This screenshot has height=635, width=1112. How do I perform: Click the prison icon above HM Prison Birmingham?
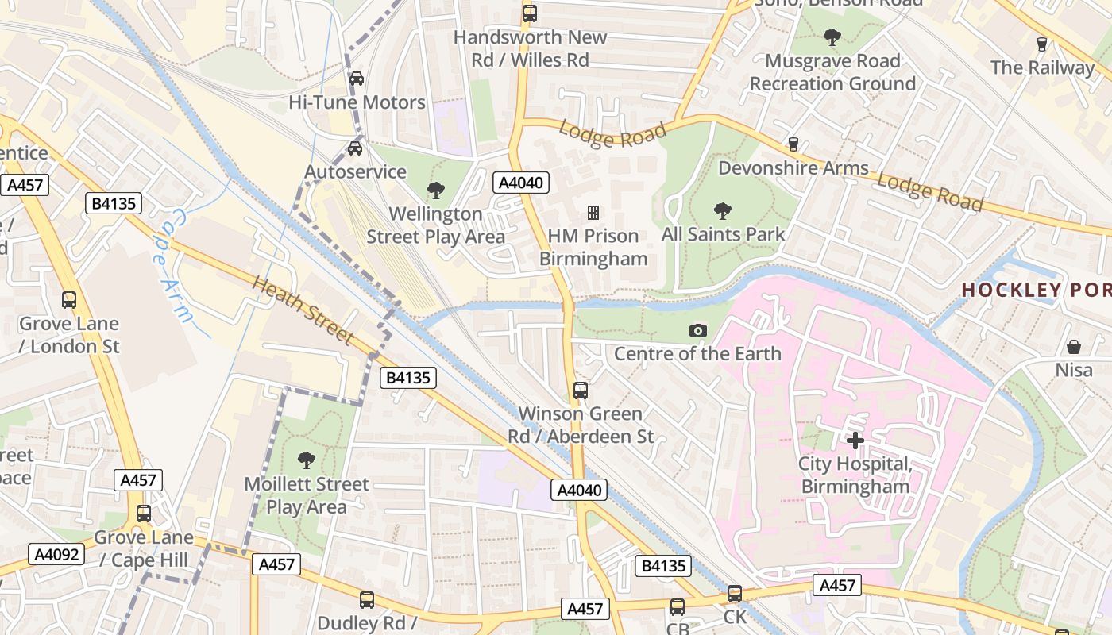[x=593, y=212]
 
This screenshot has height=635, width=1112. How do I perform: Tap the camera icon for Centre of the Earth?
[x=697, y=330]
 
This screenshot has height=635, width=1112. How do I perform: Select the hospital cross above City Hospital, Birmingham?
[x=855, y=440]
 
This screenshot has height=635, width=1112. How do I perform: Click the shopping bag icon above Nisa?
[x=1073, y=347]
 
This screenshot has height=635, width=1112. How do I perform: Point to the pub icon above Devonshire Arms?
[x=793, y=144]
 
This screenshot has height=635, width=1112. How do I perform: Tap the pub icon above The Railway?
[x=1042, y=44]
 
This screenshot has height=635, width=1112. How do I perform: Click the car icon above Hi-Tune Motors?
[x=357, y=79]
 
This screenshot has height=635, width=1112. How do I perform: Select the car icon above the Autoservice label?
[x=355, y=148]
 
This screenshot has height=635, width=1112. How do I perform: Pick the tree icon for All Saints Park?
[x=723, y=210]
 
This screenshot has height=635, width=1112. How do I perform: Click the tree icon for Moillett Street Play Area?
[x=306, y=460]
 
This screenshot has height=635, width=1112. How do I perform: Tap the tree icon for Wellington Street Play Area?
[x=435, y=190]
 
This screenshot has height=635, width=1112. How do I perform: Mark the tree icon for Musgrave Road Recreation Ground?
[x=832, y=37]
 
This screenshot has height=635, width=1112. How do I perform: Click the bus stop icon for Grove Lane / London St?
[x=69, y=300]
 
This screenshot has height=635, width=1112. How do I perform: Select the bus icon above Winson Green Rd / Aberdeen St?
[x=581, y=391]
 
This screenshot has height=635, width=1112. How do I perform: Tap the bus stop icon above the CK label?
[x=735, y=594]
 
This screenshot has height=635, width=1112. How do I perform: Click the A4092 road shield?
[x=56, y=554]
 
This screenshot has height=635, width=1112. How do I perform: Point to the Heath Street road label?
[x=303, y=310]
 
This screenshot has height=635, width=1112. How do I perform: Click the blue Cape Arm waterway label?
[x=172, y=266]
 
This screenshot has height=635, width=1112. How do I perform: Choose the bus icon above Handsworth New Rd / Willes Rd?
[x=530, y=13]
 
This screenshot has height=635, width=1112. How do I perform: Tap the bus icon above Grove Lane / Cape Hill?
[x=143, y=514]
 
